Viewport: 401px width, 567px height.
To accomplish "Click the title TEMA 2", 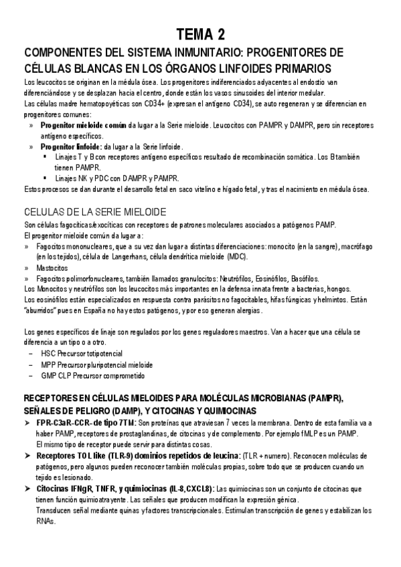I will [x=200, y=35].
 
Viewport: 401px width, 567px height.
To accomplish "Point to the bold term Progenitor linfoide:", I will [x=72, y=146].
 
